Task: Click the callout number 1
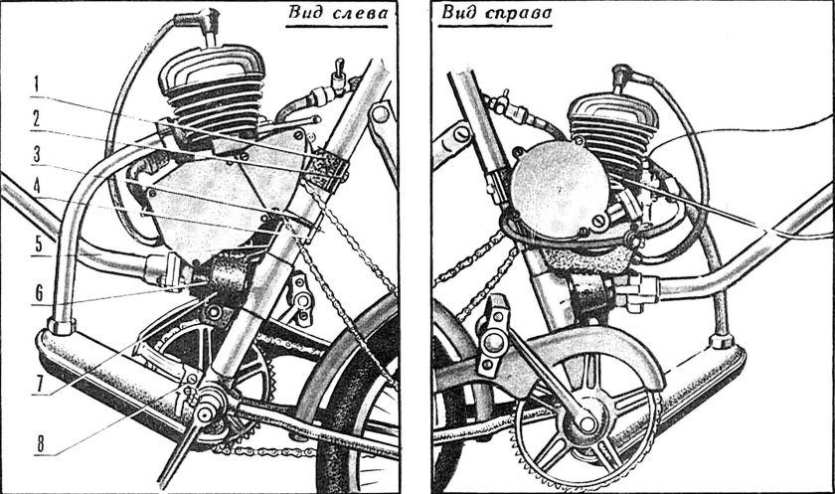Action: pyautogui.click(x=36, y=84)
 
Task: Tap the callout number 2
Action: pyautogui.click(x=36, y=118)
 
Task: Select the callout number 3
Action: pyautogui.click(x=37, y=155)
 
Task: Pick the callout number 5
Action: pyautogui.click(x=39, y=245)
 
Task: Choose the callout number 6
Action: pyautogui.click(x=39, y=293)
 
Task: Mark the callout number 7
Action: pyautogui.click(x=39, y=385)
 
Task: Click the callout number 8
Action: pyautogui.click(x=41, y=444)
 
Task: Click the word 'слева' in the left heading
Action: pyautogui.click(x=360, y=13)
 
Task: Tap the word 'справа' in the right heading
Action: pyautogui.click(x=519, y=13)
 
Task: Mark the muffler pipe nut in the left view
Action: pyautogui.click(x=62, y=326)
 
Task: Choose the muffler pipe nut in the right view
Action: pyautogui.click(x=722, y=340)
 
